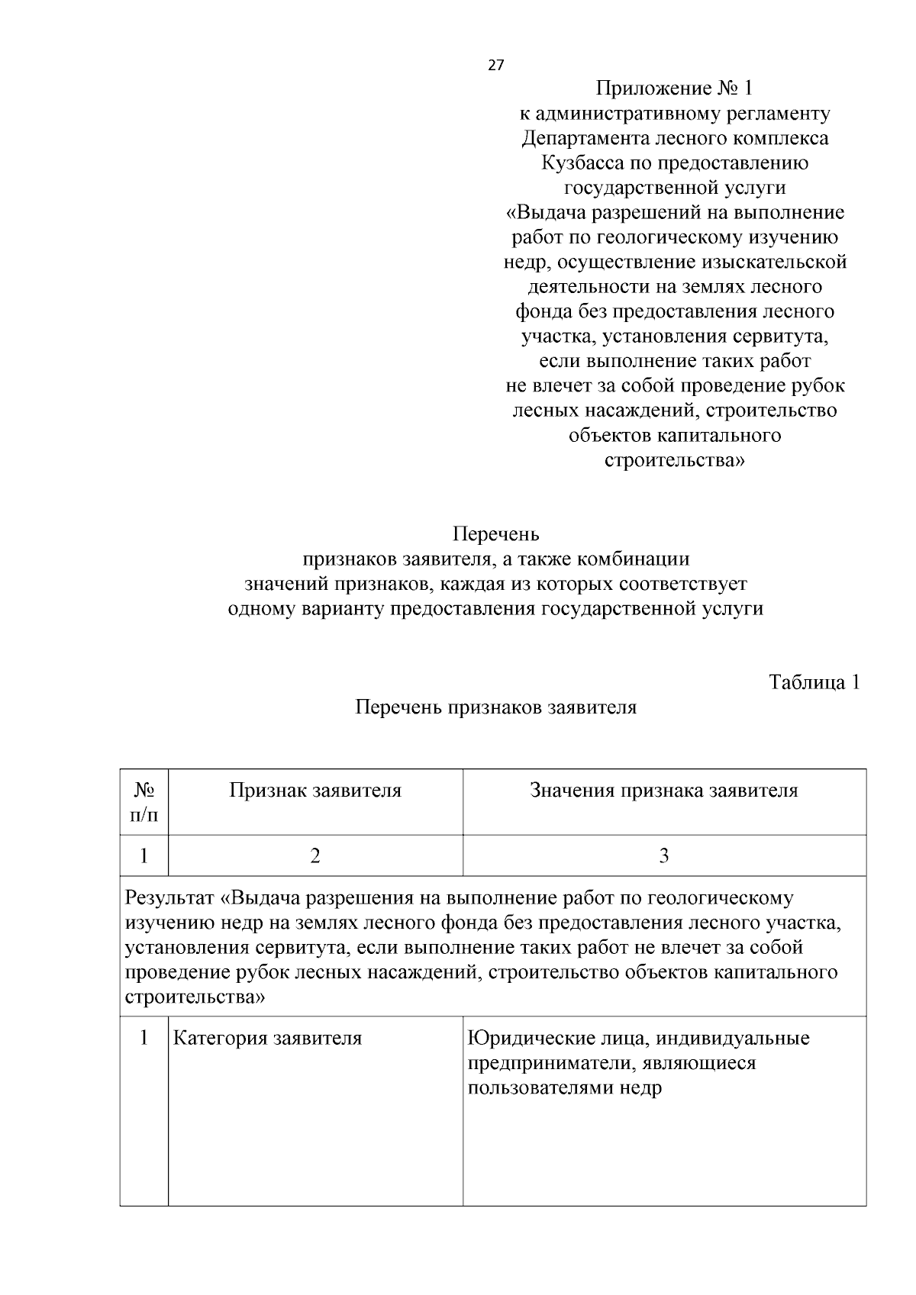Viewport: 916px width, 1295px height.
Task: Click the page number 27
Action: tap(495, 66)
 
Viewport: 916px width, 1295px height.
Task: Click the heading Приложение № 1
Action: tap(674, 89)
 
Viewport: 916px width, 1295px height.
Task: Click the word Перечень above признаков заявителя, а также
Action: tap(495, 534)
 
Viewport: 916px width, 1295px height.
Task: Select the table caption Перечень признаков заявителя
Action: tap(495, 707)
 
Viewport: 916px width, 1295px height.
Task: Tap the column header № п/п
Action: tap(144, 802)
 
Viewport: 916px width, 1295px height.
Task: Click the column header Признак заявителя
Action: tap(315, 791)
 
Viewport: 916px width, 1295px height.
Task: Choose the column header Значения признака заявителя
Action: tap(663, 791)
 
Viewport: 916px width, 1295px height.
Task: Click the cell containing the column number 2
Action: tap(315, 855)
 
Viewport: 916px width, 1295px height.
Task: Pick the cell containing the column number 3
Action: tap(663, 855)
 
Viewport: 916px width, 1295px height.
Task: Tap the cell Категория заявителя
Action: tap(267, 1039)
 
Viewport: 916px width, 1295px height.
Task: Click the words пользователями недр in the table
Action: tap(565, 1087)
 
